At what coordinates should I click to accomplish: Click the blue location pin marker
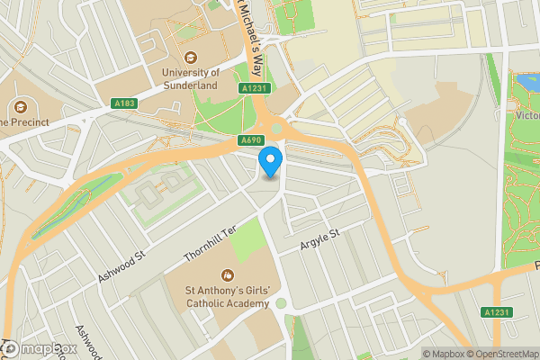[x=271, y=162]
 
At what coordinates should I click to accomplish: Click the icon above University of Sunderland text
[x=191, y=55]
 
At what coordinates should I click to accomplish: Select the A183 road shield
[x=125, y=104]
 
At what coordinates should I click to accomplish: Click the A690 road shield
[x=251, y=141]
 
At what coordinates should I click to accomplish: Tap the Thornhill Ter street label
[x=207, y=239]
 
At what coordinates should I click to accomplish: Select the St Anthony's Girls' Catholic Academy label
[x=227, y=297]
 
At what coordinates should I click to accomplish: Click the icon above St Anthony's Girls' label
[x=227, y=274]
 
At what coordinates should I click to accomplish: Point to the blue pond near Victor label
[x=525, y=85]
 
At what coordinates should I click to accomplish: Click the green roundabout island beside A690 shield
[x=276, y=130]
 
